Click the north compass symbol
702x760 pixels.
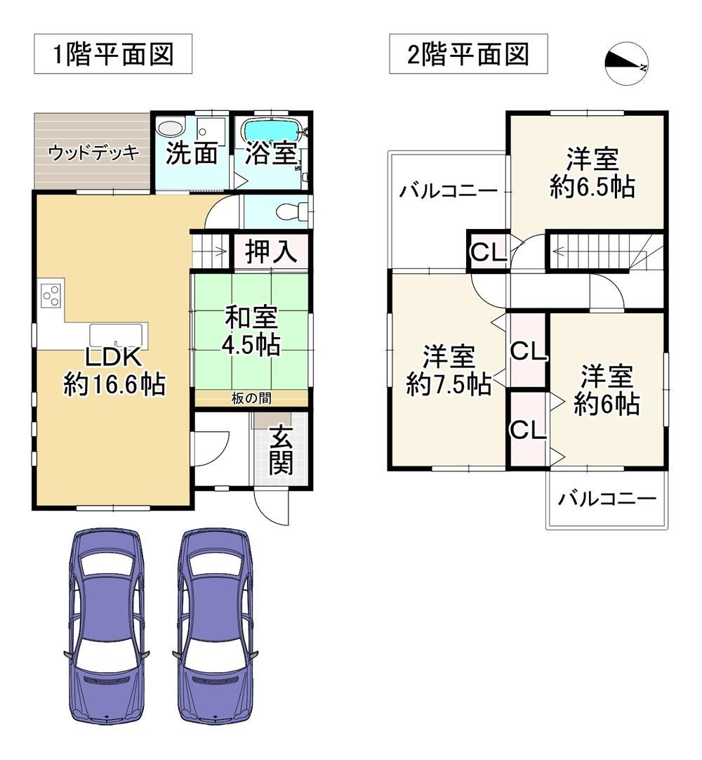click(x=626, y=63)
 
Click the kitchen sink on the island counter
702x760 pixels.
click(x=117, y=336)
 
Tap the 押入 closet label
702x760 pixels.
click(x=271, y=252)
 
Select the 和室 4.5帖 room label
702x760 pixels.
click(x=251, y=332)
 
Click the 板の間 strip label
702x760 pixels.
click(x=251, y=398)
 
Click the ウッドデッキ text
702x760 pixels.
click(x=94, y=152)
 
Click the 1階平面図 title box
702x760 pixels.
click(x=113, y=54)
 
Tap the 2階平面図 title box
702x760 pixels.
click(x=468, y=54)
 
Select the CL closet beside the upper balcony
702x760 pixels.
click(x=488, y=251)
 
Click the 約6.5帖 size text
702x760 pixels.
click(x=592, y=187)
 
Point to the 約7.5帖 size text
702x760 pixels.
click(x=448, y=384)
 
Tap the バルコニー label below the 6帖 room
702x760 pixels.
click(x=607, y=499)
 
